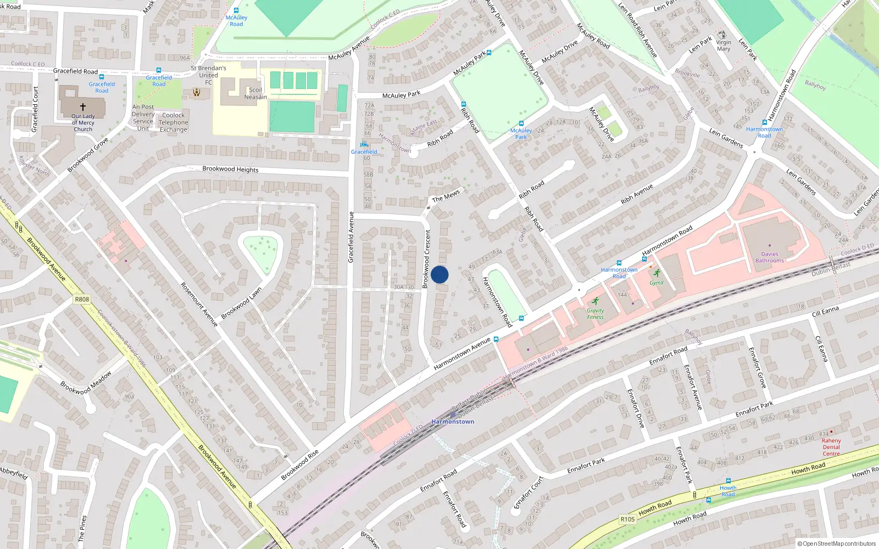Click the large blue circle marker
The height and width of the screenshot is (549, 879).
[439, 274]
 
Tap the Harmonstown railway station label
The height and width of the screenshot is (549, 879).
[453, 422]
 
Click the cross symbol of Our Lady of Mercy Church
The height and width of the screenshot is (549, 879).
[83, 107]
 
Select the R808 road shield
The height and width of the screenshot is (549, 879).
[82, 299]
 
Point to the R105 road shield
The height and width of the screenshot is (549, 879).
[627, 519]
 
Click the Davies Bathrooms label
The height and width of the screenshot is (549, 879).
[769, 257]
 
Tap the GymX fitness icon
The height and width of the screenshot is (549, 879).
[657, 273]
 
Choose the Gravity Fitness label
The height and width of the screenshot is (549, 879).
[595, 313]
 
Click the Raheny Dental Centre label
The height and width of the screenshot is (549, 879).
[831, 447]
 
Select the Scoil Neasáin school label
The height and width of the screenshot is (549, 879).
[255, 93]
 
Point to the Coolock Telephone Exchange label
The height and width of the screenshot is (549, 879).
[173, 122]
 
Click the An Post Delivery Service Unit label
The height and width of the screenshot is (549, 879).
[143, 117]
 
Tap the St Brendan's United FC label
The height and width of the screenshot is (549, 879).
[208, 75]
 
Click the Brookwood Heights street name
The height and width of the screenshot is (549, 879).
[230, 169]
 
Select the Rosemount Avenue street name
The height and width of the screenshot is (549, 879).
[199, 304]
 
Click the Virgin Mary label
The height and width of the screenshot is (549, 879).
[724, 46]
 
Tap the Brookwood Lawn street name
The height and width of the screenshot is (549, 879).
[241, 303]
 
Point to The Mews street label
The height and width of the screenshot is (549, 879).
[446, 196]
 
